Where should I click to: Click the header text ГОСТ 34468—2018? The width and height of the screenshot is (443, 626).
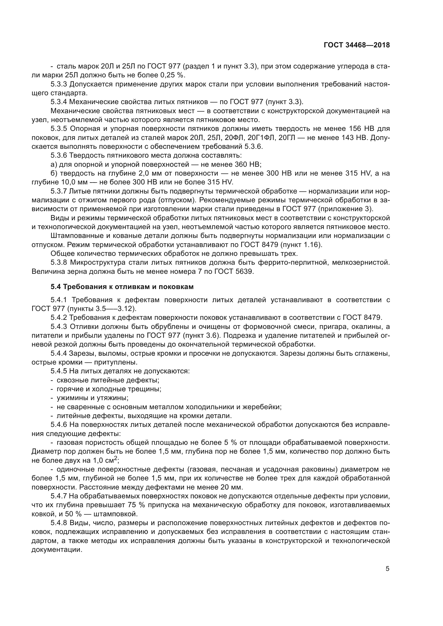[357, 45]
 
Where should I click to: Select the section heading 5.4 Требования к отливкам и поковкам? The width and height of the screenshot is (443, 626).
[122, 287]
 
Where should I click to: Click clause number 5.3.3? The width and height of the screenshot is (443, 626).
[59, 84]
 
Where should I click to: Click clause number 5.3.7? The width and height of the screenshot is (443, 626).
[59, 191]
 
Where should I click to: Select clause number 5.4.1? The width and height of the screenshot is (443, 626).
[59, 300]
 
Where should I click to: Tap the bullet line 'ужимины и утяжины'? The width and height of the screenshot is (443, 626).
[92, 398]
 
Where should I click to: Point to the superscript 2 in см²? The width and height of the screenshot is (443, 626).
[116, 458]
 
